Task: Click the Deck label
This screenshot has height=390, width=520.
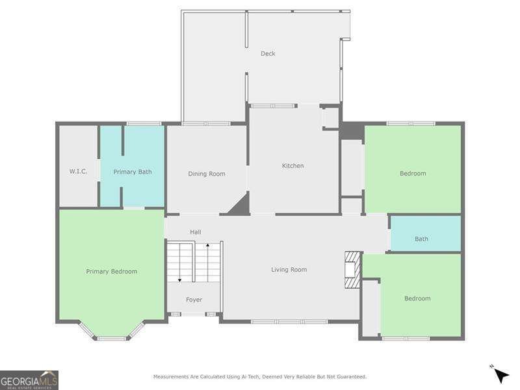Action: coord(268,53)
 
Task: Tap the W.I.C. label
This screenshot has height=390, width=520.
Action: coord(79,172)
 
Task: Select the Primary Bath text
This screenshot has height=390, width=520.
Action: coord(133,172)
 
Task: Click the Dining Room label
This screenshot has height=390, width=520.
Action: coord(207,174)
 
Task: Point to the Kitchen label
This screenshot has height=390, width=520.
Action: coord(292,166)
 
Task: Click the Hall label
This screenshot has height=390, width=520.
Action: coord(196,232)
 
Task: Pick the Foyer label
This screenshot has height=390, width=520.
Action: coord(194,300)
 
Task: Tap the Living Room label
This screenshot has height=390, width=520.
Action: coord(289,269)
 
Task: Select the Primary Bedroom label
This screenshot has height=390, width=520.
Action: coord(112,271)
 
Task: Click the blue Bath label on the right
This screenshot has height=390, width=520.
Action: coord(421,239)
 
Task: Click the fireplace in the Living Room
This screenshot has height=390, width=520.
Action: coord(351,269)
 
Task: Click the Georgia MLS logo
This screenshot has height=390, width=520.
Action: coord(29,380)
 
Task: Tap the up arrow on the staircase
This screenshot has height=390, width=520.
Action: coord(207,246)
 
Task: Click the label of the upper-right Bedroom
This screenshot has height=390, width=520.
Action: coord(413,173)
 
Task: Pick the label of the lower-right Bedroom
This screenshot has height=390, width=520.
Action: coord(417,298)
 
